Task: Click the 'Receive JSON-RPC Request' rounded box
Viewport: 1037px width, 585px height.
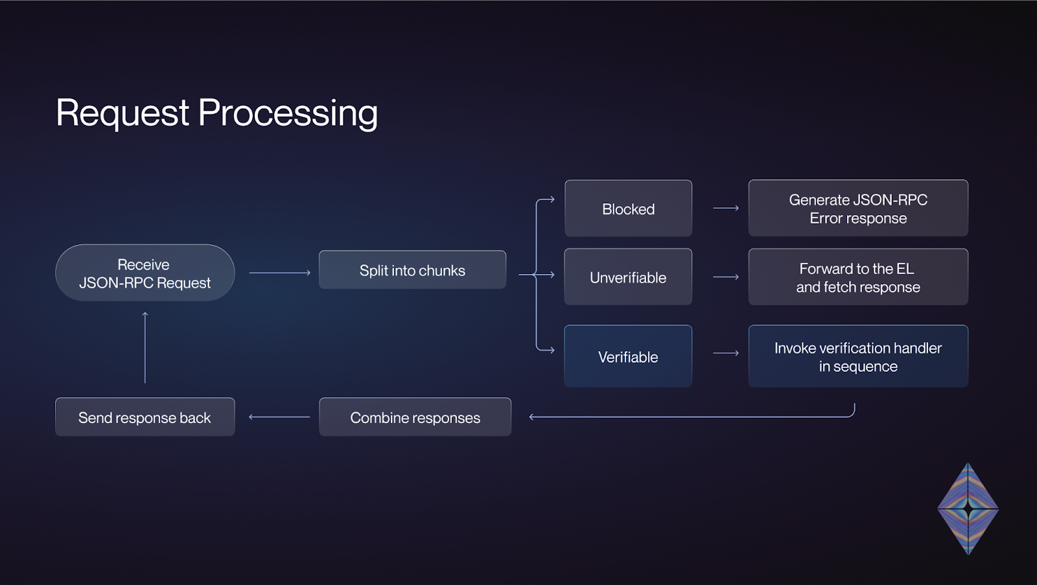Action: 145,273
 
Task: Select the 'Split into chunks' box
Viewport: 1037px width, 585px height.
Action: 412,270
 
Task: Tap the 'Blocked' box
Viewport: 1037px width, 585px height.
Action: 628,208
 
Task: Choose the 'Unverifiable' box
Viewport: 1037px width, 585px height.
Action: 628,277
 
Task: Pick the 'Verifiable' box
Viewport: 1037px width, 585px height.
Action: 628,356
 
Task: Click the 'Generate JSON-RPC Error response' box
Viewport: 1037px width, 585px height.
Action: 858,208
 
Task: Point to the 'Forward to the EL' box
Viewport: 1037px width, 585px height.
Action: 858,277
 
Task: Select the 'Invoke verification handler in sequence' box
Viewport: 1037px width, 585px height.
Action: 858,356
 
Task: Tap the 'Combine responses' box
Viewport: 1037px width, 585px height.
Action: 415,417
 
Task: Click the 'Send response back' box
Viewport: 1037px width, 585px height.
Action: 145,417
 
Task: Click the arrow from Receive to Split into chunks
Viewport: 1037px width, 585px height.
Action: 279,273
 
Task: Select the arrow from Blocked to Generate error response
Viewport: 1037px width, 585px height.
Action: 726,208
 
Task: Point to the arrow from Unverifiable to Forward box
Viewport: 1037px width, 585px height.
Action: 726,277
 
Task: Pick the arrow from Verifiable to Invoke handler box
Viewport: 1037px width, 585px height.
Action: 726,353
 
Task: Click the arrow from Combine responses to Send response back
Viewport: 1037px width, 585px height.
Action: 279,417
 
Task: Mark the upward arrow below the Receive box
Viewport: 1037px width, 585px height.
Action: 145,348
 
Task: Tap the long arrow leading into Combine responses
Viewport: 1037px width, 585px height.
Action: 692,417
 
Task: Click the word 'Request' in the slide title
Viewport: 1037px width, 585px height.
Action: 122,113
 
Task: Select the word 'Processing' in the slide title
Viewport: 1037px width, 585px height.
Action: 288,113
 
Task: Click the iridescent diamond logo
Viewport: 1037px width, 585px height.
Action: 968,509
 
